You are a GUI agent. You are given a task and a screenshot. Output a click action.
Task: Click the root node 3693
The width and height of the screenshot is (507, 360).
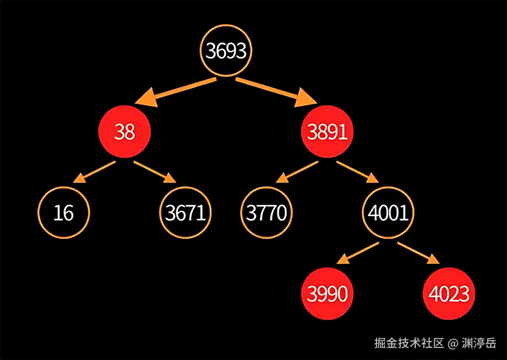tap(226, 50)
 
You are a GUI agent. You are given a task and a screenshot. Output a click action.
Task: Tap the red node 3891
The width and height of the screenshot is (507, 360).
tap(327, 132)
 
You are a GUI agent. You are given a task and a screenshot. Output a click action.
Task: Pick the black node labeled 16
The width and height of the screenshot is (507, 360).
tap(63, 213)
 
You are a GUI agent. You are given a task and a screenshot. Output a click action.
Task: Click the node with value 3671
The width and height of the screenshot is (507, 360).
tap(185, 213)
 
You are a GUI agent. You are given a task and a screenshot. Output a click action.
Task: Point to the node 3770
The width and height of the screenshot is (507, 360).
tap(267, 213)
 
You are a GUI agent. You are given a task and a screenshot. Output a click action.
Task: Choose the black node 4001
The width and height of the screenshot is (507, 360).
tap(388, 213)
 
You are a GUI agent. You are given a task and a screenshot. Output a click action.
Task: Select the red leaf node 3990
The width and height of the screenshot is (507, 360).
tap(327, 294)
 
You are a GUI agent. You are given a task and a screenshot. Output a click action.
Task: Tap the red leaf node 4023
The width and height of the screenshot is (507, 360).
tap(448, 294)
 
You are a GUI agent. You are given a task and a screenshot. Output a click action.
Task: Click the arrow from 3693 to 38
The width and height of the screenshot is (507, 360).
tap(176, 92)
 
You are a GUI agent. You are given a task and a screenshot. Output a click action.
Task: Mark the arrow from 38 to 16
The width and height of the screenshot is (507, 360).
tap(96, 171)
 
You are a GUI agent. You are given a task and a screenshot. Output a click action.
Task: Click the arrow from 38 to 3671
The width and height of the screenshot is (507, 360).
tap(154, 171)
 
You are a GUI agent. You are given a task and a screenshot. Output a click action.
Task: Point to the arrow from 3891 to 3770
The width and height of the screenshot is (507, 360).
tap(297, 171)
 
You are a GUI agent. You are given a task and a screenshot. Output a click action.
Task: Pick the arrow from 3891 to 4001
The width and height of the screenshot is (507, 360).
tap(357, 171)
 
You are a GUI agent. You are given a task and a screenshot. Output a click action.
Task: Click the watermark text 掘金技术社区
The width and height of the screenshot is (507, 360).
tap(409, 343)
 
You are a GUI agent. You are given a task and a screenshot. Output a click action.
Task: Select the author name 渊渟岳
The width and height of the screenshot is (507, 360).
tap(479, 343)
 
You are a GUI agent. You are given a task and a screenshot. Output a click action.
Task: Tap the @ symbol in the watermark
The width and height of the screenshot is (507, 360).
tap(453, 344)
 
